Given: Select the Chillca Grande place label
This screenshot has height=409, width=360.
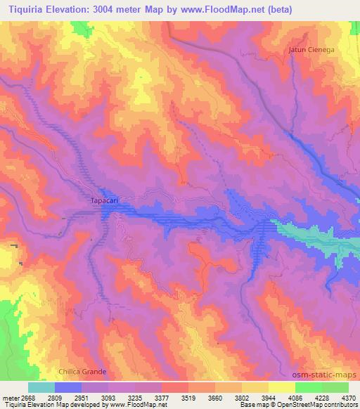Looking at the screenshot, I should [82, 371].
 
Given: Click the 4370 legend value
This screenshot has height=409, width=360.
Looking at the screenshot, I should [349, 397].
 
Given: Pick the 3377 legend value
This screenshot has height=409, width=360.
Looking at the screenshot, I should [163, 397].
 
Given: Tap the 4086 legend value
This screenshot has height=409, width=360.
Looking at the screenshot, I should [296, 397].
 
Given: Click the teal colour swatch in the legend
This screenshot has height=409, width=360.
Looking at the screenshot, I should [41, 387].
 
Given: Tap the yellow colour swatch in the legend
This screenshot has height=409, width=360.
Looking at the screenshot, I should [282, 387].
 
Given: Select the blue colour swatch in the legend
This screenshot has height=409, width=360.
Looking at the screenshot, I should [68, 387].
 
